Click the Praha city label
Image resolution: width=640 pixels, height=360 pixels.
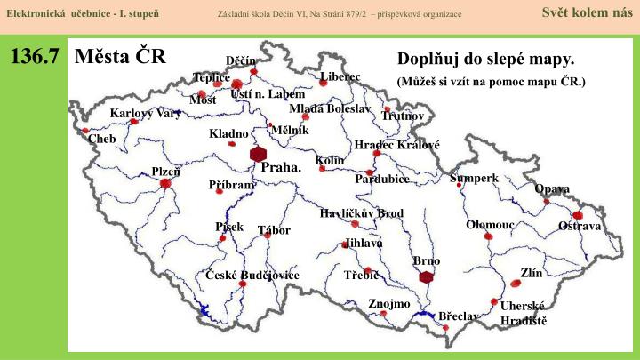click(x=281, y=167)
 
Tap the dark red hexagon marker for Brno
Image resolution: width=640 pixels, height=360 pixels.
click(x=427, y=276)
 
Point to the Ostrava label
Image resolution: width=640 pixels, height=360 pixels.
click(x=580, y=227)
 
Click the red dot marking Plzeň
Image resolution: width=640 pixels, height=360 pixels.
click(x=165, y=184)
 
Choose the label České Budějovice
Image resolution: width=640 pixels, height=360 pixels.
click(x=252, y=276)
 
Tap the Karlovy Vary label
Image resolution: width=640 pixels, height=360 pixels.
click(x=145, y=114)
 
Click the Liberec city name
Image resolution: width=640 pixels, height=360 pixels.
click(x=340, y=76)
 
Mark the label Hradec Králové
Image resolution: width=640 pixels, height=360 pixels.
click(x=396, y=145)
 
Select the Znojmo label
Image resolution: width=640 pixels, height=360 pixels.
click(x=389, y=304)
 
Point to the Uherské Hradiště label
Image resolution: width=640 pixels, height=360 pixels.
click(x=523, y=313)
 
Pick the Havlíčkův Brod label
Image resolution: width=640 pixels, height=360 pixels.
click(x=362, y=213)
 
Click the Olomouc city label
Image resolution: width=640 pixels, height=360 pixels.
click(x=491, y=225)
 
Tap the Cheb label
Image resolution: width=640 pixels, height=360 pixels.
click(x=102, y=140)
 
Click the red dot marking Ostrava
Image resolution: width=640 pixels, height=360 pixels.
click(x=578, y=215)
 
